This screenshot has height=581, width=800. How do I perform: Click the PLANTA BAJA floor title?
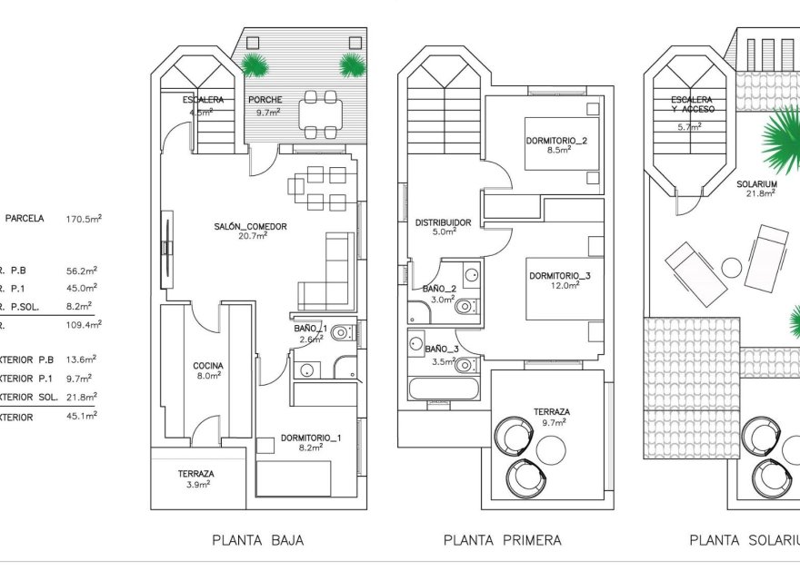click(x=257, y=540)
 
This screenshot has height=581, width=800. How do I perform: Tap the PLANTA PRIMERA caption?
click(x=502, y=540)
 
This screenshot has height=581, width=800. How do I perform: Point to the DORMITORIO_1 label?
click(x=310, y=438)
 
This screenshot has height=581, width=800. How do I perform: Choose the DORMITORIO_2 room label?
click(x=556, y=141)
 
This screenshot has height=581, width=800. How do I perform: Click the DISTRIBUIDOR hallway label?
click(x=443, y=222)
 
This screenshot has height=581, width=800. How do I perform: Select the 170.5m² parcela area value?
click(x=84, y=219)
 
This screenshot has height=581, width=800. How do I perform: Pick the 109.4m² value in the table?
click(x=84, y=324)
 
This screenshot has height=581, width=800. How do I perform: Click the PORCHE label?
click(x=264, y=100)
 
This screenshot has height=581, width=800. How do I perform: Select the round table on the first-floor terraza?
click(x=550, y=448)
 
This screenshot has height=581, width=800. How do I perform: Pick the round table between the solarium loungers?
click(x=732, y=267)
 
